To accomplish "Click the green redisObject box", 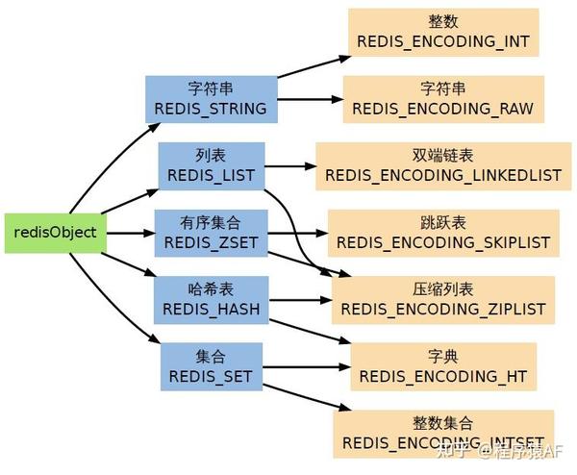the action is tap(56, 233).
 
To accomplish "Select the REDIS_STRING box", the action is tap(212, 99).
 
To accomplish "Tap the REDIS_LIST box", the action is tap(212, 166).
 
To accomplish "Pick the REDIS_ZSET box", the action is tap(211, 233).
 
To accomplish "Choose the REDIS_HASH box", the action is tap(212, 300).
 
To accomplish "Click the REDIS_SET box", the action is tap(212, 367).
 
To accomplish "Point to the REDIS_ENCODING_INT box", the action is tap(443, 33).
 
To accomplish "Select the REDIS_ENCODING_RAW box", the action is tap(443, 99).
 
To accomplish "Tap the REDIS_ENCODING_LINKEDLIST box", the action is tap(443, 166).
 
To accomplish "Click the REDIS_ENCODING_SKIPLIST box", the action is tap(443, 234).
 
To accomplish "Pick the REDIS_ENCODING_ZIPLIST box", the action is tap(443, 300).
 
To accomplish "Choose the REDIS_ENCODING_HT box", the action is tap(443, 367).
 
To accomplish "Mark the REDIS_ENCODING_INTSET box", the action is tap(443, 435).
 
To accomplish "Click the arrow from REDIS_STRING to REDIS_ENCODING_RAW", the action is tap(311, 99).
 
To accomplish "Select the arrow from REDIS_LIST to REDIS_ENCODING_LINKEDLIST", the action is tap(290, 166).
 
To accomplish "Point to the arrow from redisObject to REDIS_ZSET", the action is tap(131, 233).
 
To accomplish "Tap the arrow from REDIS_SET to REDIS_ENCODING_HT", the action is tap(307, 367).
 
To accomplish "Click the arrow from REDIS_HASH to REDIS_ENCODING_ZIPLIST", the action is tap(301, 300).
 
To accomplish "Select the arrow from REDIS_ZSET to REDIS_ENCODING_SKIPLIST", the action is tap(298, 233).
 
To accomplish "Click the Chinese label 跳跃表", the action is tap(443, 223).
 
